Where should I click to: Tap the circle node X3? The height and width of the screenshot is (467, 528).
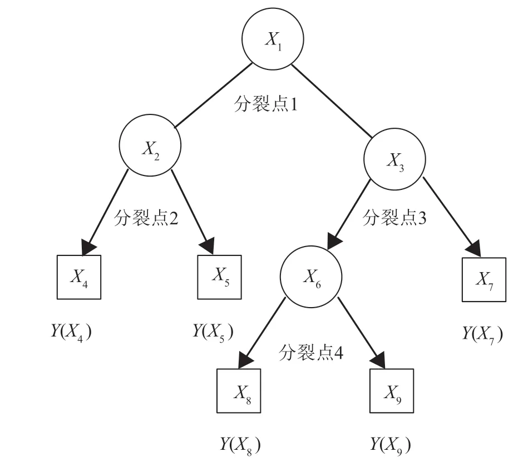[394, 160]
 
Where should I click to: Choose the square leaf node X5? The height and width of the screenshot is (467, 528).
[220, 277]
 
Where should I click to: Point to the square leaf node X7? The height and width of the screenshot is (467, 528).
[484, 279]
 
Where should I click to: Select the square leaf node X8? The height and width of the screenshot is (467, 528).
[238, 390]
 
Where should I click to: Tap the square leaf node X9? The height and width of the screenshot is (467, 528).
[392, 391]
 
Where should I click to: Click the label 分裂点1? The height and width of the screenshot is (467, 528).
[266, 104]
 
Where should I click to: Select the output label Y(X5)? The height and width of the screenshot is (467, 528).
[212, 332]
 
